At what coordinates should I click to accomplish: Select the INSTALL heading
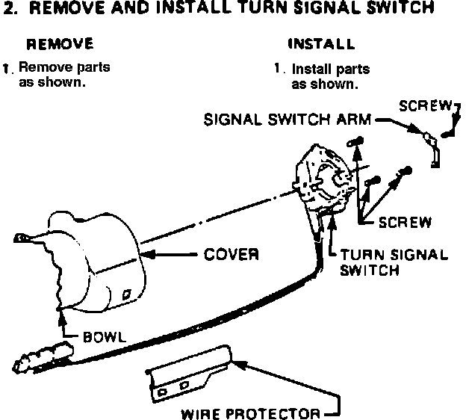coord(320,44)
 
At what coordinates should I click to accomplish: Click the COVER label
coord(232,254)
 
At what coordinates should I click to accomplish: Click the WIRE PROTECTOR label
coord(250,413)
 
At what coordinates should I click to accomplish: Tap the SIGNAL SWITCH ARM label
coord(287,120)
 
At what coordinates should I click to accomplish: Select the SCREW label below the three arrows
coord(404,222)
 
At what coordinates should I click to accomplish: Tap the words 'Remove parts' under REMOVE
coord(64,67)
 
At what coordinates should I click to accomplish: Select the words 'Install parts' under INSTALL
coord(331,70)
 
